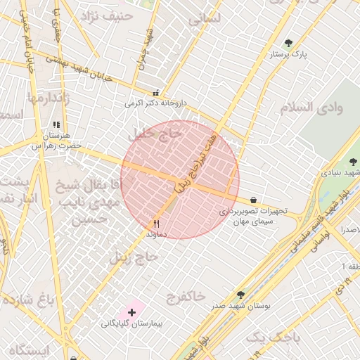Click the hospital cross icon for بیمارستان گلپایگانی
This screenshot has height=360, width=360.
(x=131, y=311)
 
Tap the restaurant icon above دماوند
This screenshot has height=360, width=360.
(x=156, y=224)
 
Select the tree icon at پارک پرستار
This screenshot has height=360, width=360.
(x=288, y=44)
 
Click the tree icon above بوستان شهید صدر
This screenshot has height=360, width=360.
(x=240, y=295)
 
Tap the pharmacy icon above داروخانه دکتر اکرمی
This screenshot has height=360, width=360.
(x=155, y=93)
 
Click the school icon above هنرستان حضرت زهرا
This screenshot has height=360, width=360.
(x=56, y=125)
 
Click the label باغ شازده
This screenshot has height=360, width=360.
(x=27, y=301)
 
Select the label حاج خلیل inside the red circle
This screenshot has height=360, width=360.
(x=151, y=133)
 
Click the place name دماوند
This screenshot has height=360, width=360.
(x=156, y=233)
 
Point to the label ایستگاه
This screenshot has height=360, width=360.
(x=29, y=349)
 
